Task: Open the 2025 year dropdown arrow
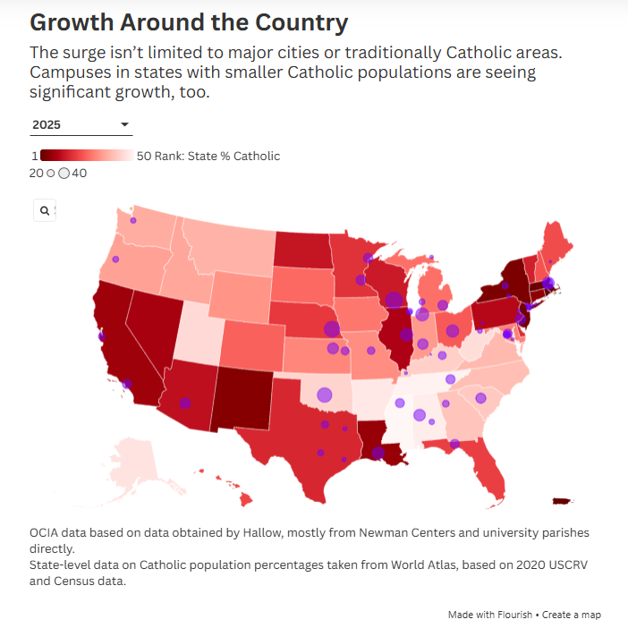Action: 124,124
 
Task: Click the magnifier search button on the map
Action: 45,210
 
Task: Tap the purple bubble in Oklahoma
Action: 325,395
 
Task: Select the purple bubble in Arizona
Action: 185,403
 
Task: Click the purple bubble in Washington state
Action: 133,220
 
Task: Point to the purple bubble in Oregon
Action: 115,259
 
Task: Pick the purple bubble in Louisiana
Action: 378,453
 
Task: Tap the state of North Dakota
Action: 303,250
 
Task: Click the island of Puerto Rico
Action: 563,501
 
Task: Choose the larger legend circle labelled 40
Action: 64,173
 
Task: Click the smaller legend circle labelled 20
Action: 50,173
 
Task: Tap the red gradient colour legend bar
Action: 87,155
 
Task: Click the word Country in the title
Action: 302,22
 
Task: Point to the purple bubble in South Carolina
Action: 480,398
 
